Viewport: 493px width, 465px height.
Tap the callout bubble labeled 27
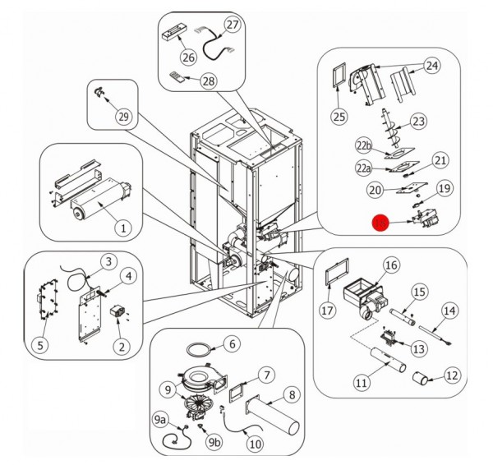point(233,25)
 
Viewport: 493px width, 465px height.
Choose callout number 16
point(391,265)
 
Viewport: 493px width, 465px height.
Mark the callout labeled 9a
point(161,420)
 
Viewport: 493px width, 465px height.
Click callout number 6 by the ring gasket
point(232,343)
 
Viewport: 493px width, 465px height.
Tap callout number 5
point(39,346)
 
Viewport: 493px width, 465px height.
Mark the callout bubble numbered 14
point(449,311)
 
